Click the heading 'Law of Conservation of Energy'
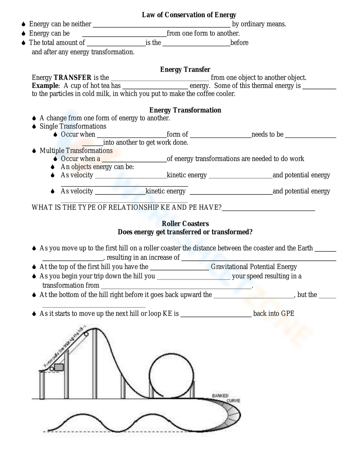pos(189,15)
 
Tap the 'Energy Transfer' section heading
pos(185,70)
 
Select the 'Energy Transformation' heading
pos(185,110)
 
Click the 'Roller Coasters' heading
pos(185,224)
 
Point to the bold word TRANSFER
pos(72,78)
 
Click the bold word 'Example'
pos(45,86)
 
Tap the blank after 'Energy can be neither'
pos(161,24)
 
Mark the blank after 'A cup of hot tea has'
pos(155,86)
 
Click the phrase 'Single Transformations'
pos(73,126)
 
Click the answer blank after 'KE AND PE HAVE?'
pos(268,208)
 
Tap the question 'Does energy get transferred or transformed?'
pos(185,232)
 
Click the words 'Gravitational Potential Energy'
pos(254,267)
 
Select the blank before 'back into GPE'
pos(216,314)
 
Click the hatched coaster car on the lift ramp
pos(58,367)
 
